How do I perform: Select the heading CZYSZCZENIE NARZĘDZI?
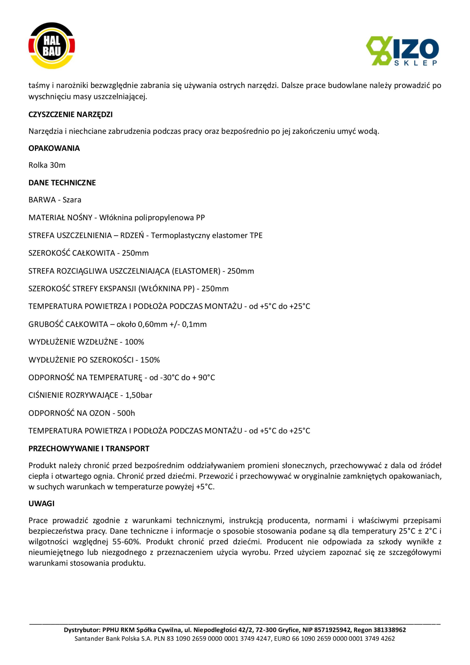tap(70, 115)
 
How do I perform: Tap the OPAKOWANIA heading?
tap(54, 148)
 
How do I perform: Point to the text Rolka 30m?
tap(47, 165)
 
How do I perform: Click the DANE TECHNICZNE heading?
tap(62, 183)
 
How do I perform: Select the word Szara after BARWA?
tap(72, 200)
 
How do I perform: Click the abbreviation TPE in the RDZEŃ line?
tap(256, 235)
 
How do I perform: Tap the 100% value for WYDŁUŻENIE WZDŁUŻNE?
tap(134, 342)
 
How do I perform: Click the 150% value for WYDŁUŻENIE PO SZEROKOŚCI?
tap(150, 360)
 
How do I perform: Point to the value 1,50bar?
tap(139, 395)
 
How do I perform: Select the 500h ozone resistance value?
tap(126, 413)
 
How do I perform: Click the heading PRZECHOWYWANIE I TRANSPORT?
tap(89, 449)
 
